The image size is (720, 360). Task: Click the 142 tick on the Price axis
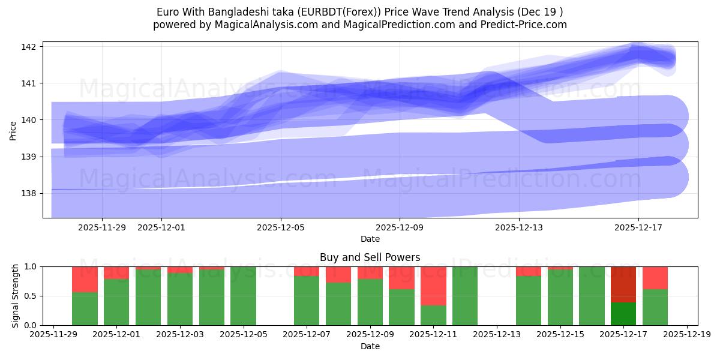pos(30,47)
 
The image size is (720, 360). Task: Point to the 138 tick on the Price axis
pos(30,193)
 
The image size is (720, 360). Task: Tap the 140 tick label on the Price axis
pos(30,120)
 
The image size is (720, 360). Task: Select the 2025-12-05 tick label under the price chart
pos(281,227)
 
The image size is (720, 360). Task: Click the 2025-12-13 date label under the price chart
pos(519,227)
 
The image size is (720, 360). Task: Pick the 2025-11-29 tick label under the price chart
pos(102,227)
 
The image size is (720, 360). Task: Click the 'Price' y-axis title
pos(13,130)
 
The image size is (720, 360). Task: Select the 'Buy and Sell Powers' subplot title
pos(370,257)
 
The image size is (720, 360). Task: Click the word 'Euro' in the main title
pos(167,12)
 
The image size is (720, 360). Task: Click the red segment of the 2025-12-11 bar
pos(433,286)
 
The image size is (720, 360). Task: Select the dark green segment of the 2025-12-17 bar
pos(623,313)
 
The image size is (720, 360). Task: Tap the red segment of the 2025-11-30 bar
pos(85,279)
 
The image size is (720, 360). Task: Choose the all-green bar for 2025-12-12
pos(465,296)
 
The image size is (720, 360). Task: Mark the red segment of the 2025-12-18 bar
pos(655,278)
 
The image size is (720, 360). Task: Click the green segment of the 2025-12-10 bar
pos(401,307)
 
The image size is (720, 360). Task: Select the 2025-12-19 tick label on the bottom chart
pos(686,335)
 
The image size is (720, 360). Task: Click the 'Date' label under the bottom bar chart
pos(370,346)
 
